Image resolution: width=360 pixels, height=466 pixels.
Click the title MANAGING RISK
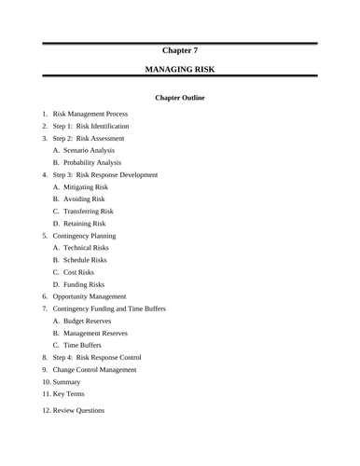(x=180, y=70)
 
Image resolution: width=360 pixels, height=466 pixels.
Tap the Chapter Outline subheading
(x=180, y=98)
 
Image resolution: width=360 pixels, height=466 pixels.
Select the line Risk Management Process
(x=90, y=114)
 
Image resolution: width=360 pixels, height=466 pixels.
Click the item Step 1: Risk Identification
(x=90, y=126)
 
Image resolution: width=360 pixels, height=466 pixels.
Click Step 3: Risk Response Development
(x=104, y=174)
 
